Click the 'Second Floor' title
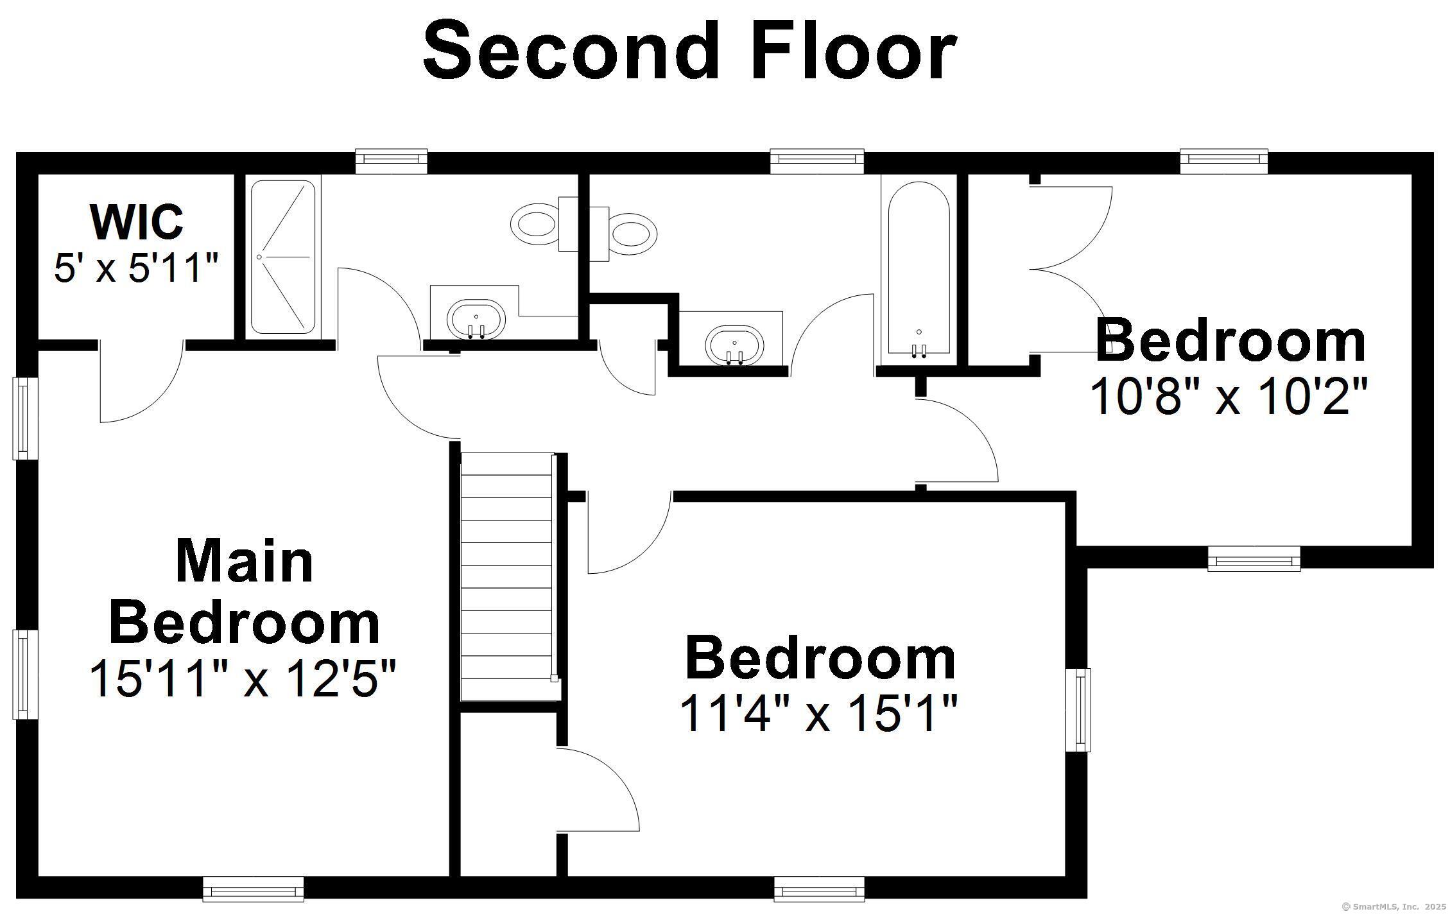[690, 51]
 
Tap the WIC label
[137, 221]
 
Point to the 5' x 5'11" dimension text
[136, 268]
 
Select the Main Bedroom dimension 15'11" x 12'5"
[243, 678]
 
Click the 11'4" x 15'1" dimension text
[818, 713]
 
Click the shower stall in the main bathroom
[282, 257]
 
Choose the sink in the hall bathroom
[734, 345]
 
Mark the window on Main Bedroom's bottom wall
[253, 889]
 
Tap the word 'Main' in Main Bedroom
[245, 562]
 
